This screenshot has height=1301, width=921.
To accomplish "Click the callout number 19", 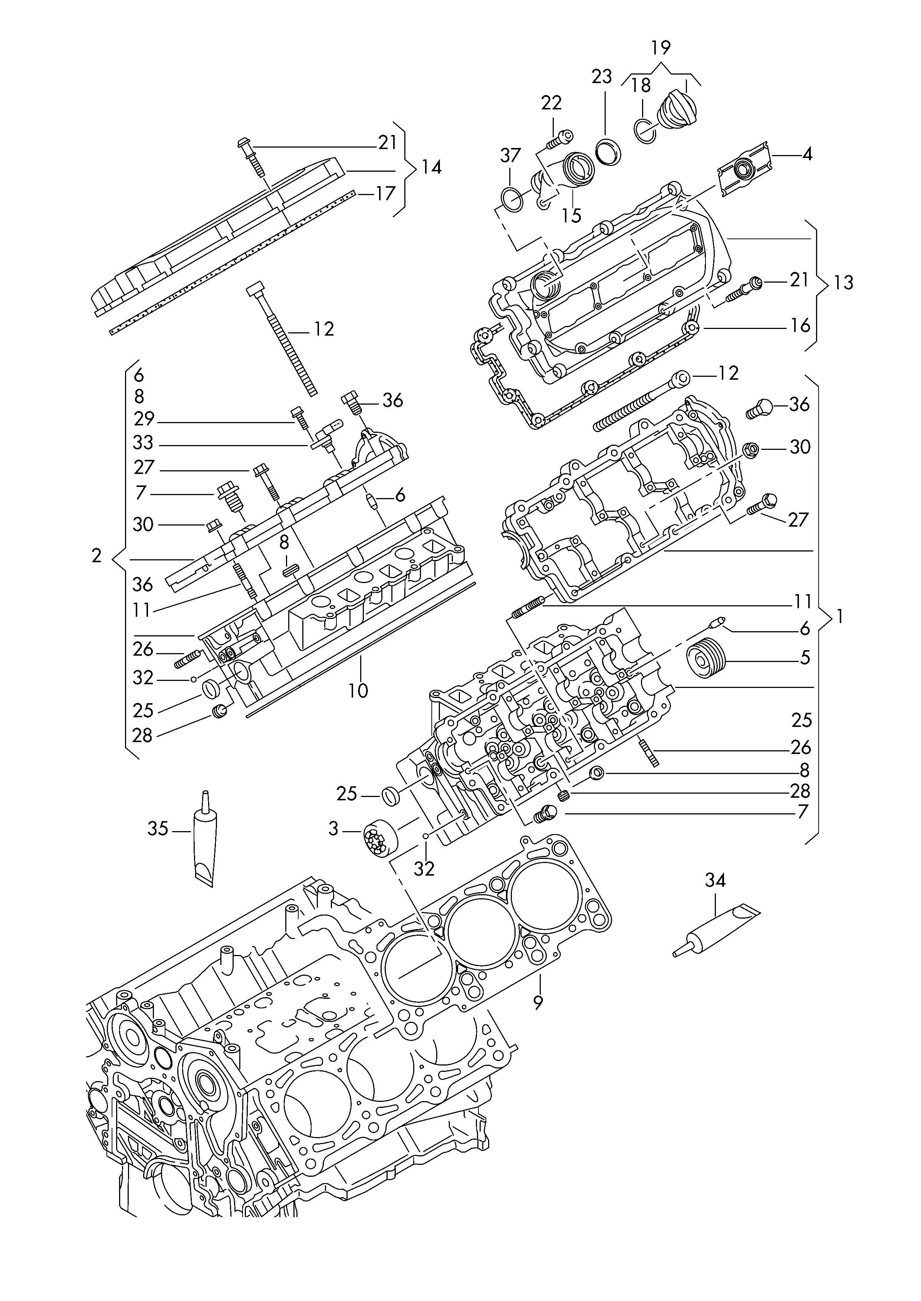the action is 661,47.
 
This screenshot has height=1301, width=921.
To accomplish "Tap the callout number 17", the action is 385,194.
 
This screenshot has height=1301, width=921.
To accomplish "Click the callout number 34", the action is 715,880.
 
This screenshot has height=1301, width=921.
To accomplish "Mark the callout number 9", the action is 538,1002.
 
